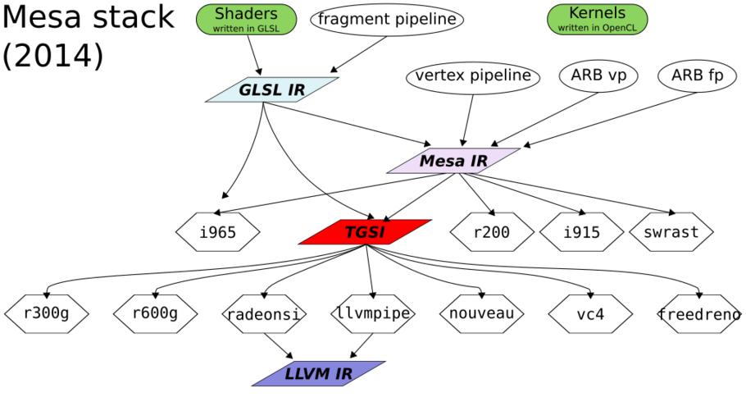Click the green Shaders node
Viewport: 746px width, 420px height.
[x=246, y=19]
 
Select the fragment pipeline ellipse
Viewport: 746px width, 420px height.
[x=387, y=20]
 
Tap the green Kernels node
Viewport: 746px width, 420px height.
[x=597, y=19]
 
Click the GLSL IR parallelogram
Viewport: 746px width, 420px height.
[x=272, y=90]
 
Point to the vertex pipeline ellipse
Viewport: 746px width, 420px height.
[x=473, y=76]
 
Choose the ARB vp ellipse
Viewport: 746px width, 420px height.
[x=598, y=76]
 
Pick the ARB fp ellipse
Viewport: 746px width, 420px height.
[x=698, y=76]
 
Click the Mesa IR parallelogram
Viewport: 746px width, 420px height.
[x=453, y=161]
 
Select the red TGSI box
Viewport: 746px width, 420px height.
[x=365, y=232]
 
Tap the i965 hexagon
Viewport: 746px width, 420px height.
[x=218, y=232]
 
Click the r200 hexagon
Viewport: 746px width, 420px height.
[x=492, y=232]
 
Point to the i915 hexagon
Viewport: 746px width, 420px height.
[x=581, y=232]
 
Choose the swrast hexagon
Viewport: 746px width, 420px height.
[x=671, y=232]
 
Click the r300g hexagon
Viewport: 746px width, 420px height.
[x=47, y=313]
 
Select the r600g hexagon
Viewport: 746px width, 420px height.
[x=155, y=313]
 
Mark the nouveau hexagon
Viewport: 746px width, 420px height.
[x=481, y=313]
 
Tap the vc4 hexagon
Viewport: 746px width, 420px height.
[x=590, y=313]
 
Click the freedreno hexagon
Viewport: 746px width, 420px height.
[x=699, y=313]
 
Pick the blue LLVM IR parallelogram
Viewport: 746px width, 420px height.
[x=318, y=374]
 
